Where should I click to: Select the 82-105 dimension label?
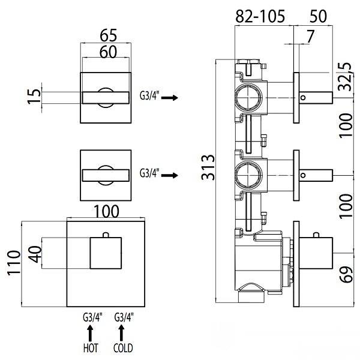(260, 17)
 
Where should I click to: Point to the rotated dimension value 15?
(34, 96)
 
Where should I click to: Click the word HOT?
(90, 348)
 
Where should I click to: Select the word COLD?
(122, 348)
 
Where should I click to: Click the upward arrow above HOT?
(90, 332)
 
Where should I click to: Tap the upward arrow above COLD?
(122, 332)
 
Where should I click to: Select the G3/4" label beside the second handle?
(149, 173)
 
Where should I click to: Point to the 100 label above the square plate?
(106, 211)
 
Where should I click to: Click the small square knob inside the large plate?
(106, 253)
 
